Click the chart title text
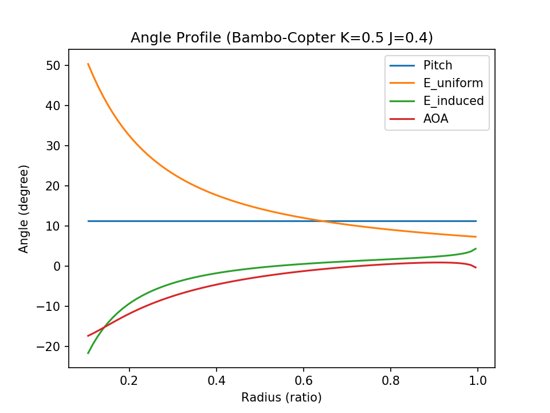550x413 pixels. [x=281, y=38]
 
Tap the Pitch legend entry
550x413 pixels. [x=438, y=65]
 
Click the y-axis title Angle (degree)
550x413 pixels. [x=23, y=208]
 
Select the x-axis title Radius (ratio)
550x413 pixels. [x=281, y=398]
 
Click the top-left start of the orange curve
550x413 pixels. [x=88, y=64]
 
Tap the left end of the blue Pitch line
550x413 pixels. [x=88, y=221]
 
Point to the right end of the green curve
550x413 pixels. [x=476, y=248]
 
